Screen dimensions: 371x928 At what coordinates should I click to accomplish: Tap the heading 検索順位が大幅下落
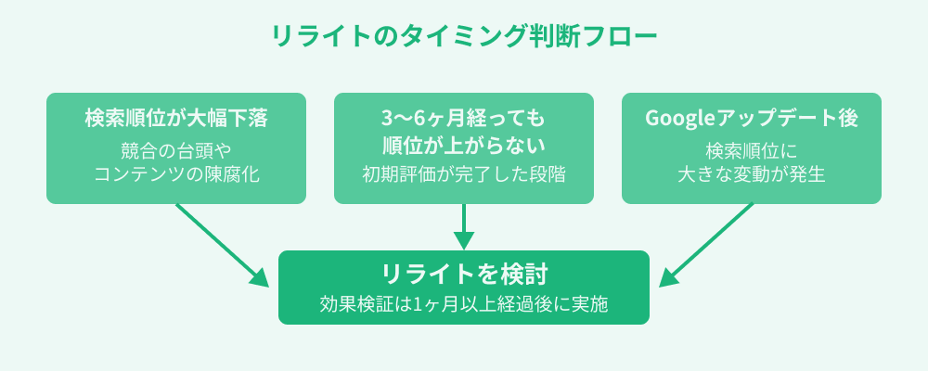176,119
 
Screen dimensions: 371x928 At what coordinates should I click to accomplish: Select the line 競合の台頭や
176,150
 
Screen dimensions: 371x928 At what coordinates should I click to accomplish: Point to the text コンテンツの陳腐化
176,173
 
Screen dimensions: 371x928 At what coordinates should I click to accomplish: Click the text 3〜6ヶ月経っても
464,119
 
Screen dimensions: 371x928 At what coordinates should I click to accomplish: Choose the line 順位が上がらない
464,145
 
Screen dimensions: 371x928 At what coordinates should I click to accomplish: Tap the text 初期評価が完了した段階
464,173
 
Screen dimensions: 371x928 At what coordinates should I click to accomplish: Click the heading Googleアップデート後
751,119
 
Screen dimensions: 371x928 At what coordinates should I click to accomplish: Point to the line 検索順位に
751,150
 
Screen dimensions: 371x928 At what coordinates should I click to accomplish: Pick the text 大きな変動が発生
751,173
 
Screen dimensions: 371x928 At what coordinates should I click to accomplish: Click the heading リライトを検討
464,275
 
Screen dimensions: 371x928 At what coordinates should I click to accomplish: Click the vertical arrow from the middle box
464,226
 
